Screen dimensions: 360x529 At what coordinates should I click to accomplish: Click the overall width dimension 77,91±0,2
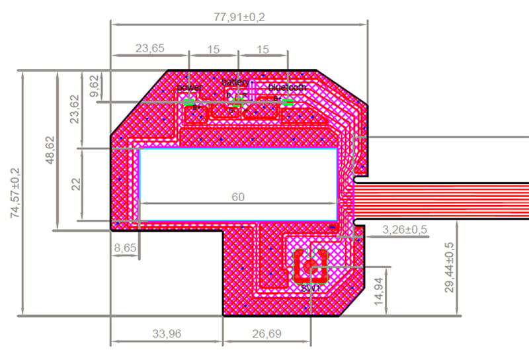click(x=239, y=17)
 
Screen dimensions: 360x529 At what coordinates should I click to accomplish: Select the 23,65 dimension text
click(x=150, y=48)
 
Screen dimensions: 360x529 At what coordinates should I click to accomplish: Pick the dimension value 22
click(x=75, y=184)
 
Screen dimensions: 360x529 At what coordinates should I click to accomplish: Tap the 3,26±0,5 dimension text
click(x=405, y=230)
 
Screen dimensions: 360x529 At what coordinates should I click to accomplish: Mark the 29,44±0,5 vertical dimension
click(x=449, y=267)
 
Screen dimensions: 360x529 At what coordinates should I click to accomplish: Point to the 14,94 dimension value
click(x=379, y=289)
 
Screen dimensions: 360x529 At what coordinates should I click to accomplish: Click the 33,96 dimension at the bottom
click(x=166, y=334)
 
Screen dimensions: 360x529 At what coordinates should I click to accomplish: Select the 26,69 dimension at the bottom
click(x=266, y=334)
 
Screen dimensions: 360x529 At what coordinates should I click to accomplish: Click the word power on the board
click(x=190, y=87)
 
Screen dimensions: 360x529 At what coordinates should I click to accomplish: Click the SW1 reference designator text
click(x=310, y=289)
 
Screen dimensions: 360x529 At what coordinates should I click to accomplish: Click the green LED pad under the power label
click(x=190, y=102)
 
